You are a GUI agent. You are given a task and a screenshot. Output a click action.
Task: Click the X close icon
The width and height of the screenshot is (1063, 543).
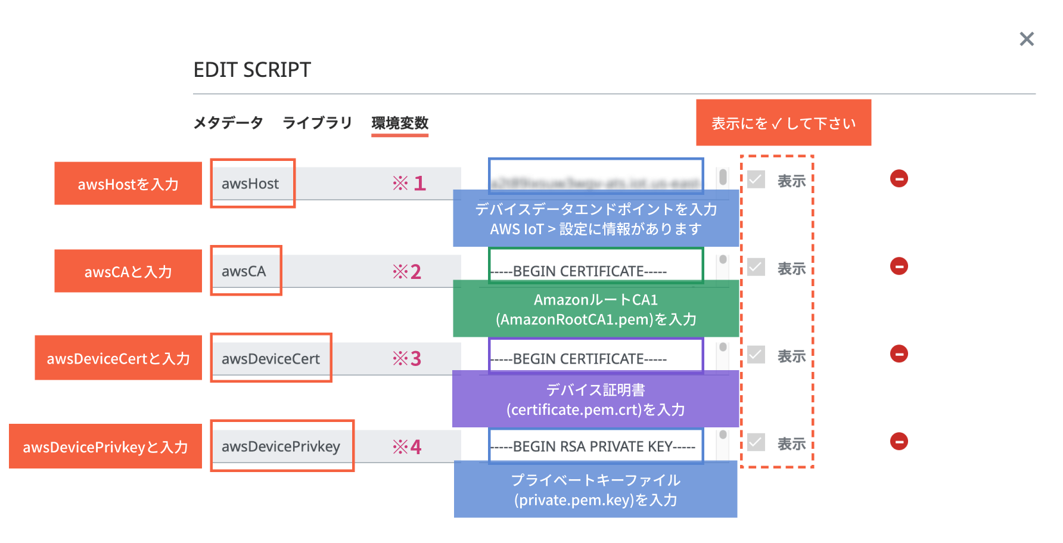coord(1026,39)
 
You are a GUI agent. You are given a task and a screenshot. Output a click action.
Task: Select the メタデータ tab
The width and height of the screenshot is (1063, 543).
coord(228,123)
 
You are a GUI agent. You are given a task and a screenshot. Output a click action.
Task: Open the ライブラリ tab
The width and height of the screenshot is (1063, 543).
coord(317,123)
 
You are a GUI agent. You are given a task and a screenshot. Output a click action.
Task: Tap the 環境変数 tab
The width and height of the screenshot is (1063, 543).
coord(400,123)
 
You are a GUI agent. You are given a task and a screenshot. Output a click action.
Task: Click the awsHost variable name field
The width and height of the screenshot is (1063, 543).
coord(251,184)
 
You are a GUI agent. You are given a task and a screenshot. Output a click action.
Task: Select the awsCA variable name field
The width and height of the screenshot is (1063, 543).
coord(244,271)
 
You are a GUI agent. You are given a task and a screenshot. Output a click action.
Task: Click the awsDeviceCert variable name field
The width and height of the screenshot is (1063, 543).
coord(271,359)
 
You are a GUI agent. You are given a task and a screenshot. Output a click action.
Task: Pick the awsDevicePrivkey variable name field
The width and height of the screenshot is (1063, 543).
coord(281,446)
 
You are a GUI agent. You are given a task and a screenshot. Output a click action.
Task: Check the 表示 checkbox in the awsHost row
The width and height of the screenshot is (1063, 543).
coord(756,179)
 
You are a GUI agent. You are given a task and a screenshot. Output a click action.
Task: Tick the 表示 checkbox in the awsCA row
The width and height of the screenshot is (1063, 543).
coord(756,267)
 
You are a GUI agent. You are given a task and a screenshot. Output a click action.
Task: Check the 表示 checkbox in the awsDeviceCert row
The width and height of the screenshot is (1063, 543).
coord(756,355)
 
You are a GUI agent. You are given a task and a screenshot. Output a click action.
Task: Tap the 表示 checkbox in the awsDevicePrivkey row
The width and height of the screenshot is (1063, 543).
coord(756,442)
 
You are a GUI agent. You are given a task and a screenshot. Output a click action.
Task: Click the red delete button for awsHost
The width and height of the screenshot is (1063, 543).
coord(899,178)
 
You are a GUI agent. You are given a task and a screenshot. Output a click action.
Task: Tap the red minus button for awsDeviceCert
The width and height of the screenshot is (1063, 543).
coord(899,353)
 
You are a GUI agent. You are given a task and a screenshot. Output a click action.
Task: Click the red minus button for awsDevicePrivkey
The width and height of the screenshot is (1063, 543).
coord(899,441)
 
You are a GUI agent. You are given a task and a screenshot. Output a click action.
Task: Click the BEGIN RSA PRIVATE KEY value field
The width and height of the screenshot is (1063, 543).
coord(596,446)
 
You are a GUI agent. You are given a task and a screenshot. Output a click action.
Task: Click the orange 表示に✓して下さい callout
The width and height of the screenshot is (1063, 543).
coord(783,123)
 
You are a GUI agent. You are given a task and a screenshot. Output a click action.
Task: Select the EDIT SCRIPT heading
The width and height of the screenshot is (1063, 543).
coord(252,70)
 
